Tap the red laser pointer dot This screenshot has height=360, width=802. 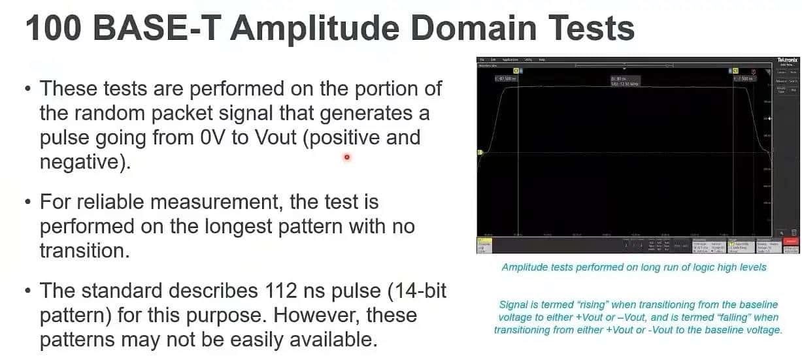tap(346, 157)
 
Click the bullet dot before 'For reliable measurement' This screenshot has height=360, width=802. tap(28, 202)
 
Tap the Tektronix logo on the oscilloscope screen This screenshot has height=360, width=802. tap(787, 60)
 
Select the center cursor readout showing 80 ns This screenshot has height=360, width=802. tap(624, 80)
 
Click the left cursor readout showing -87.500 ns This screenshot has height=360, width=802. tap(507, 78)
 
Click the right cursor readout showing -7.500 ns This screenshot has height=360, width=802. tap(744, 78)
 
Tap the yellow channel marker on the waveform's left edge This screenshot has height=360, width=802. tap(480, 153)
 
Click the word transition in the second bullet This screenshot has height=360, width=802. tap(84, 250)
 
